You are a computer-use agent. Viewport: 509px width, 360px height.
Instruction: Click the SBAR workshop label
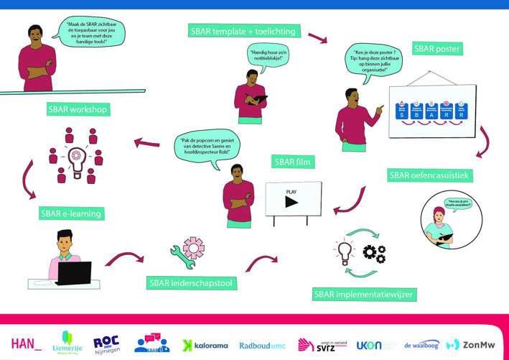coord(78,110)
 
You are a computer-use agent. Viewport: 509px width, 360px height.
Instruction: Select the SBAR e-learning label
coord(70,213)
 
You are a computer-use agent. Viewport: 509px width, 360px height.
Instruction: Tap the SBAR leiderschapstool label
coord(191,282)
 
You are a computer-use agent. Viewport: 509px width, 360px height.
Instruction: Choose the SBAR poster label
coord(437,50)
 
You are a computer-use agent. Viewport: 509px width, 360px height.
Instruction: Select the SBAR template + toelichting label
coord(243,32)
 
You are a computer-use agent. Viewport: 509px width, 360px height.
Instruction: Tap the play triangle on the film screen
coord(291,202)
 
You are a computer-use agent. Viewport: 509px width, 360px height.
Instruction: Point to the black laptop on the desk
coord(74,274)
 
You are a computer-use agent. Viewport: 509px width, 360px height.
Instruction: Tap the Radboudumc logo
coord(261,345)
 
